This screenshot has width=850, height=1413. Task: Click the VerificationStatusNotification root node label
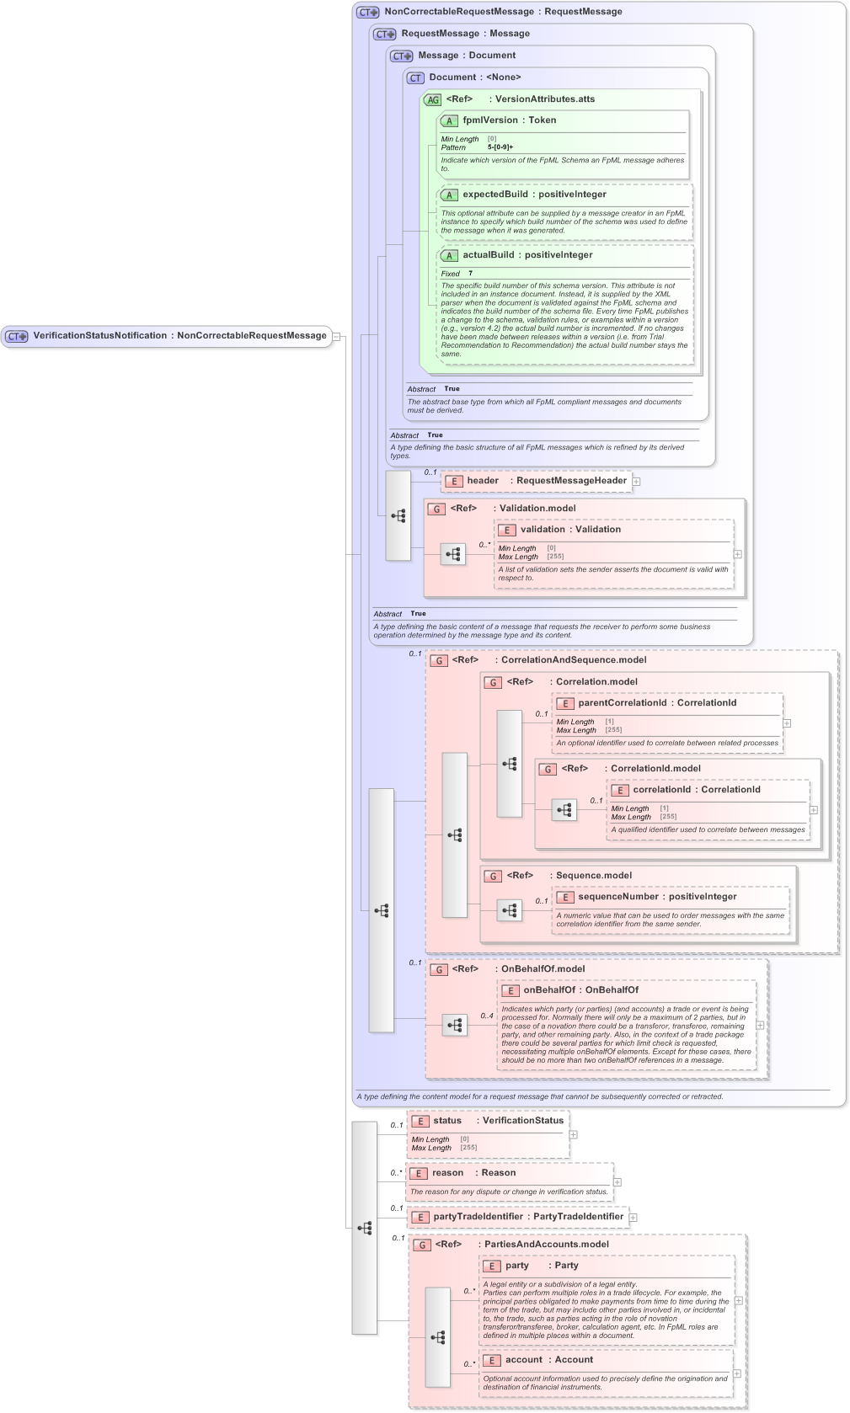tap(99, 335)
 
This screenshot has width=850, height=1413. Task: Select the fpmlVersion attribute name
tap(489, 120)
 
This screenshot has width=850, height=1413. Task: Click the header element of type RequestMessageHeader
tap(483, 481)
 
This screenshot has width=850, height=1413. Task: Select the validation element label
tap(543, 530)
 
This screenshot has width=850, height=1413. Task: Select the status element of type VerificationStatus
tap(447, 1121)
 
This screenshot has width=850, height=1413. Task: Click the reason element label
tap(447, 1173)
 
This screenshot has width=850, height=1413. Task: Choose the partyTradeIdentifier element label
tap(478, 1217)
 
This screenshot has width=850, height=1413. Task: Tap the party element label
tap(516, 1266)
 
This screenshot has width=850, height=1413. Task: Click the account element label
tap(523, 1360)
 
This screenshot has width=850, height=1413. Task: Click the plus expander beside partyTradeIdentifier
tap(633, 1218)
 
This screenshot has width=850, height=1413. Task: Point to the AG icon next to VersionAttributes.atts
tap(432, 99)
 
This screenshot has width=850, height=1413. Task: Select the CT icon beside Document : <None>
tap(415, 77)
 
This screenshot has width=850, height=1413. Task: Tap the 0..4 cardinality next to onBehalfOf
tap(487, 1016)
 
